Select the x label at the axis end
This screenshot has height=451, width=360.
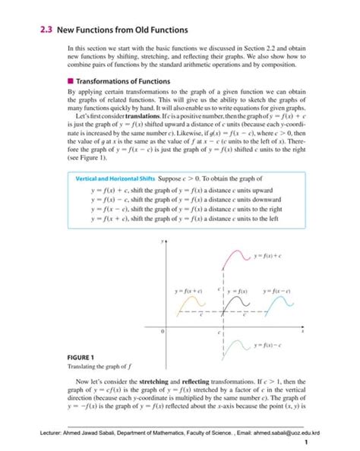pos(303,331)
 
